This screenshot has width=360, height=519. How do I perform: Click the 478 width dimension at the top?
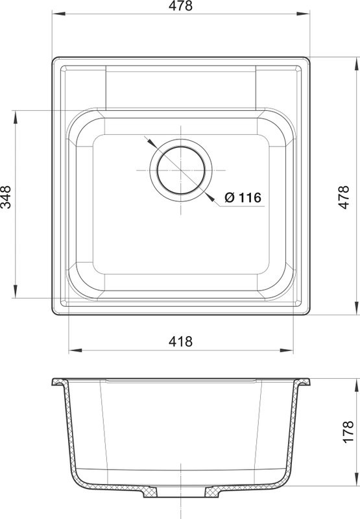[180, 6]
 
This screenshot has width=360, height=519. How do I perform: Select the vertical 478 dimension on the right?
[344, 197]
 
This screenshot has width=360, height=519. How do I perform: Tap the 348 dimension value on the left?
[6, 197]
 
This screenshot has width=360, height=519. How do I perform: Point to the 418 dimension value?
[180, 341]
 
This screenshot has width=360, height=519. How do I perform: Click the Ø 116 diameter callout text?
[243, 198]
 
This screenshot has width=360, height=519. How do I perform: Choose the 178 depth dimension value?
[348, 432]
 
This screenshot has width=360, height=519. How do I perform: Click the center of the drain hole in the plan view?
[181, 170]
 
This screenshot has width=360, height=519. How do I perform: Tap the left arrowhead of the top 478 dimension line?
[58, 14]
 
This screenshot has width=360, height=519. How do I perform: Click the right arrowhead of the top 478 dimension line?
[303, 14]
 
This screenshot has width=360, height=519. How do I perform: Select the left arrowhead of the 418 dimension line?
[75, 350]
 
